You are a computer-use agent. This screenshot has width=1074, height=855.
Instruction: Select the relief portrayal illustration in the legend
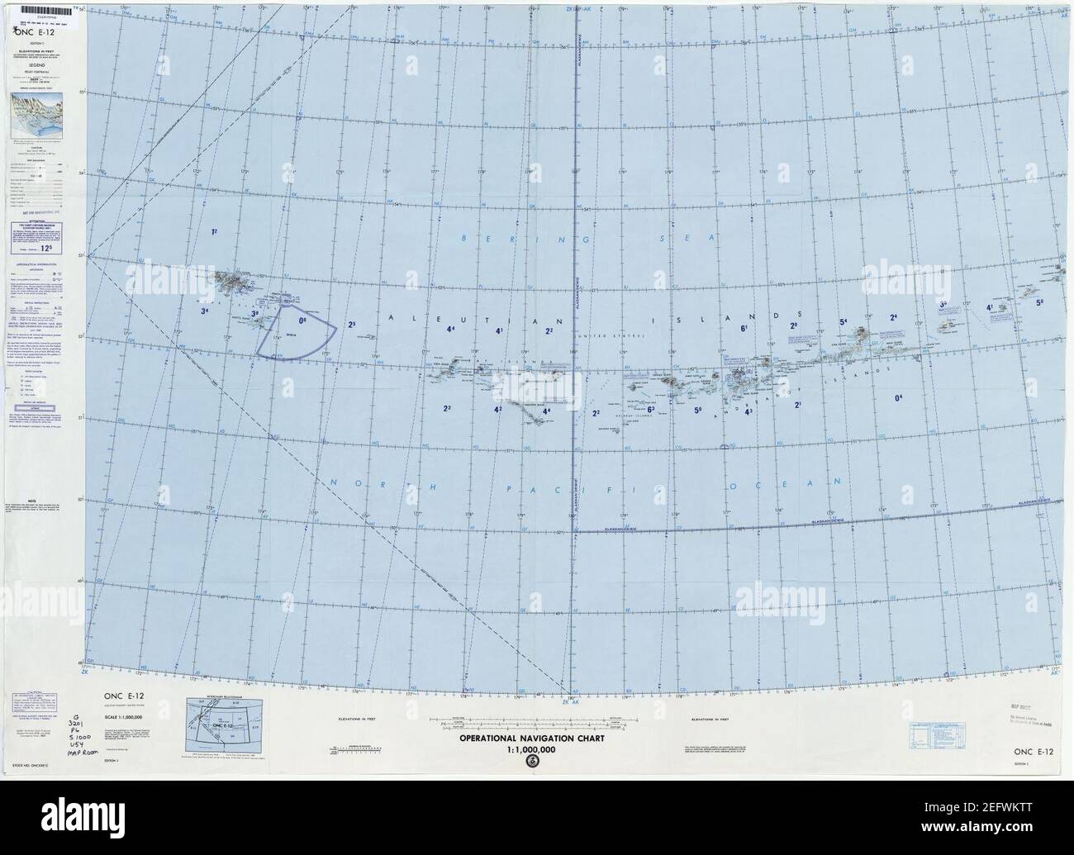tap(40, 114)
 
